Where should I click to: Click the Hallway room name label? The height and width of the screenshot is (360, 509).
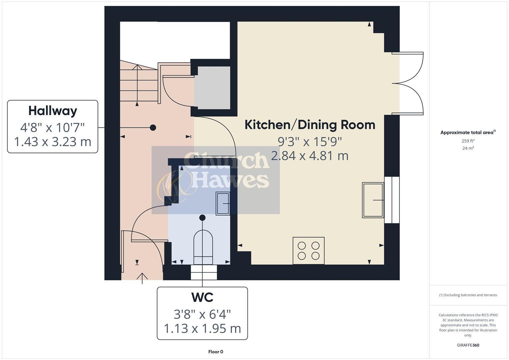click(x=53, y=111)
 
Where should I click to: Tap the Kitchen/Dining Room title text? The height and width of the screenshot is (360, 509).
click(x=310, y=125)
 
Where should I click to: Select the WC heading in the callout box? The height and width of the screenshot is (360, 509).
click(x=202, y=297)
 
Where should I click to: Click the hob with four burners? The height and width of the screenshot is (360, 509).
click(x=308, y=251)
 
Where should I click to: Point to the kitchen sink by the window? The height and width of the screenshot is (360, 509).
click(x=373, y=200)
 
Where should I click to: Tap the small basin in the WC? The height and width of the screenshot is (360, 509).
click(x=223, y=203)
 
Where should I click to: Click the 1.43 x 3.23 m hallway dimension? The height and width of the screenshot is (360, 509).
click(x=53, y=142)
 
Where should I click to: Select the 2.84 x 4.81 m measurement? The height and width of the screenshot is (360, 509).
click(x=310, y=156)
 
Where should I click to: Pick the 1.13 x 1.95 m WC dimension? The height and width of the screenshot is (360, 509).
click(x=202, y=329)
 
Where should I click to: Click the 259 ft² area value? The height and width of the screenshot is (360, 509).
click(x=468, y=141)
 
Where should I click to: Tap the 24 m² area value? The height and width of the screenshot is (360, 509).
click(x=468, y=148)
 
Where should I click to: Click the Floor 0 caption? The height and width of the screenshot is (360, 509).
click(x=216, y=352)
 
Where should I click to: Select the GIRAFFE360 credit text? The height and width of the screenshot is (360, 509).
click(x=468, y=345)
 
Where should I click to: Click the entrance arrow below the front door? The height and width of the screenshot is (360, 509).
click(x=142, y=278)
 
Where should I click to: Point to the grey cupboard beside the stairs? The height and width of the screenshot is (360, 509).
click(x=212, y=87)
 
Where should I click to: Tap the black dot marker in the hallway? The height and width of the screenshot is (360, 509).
click(x=153, y=127)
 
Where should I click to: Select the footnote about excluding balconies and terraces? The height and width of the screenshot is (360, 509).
click(x=468, y=295)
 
